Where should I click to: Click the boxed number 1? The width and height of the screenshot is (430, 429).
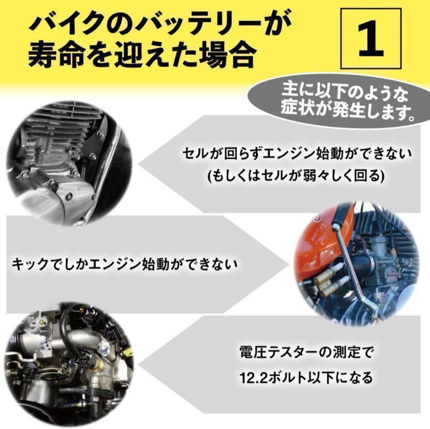click(371, 38)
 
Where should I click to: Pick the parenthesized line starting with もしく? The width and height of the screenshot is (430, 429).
click(297, 176)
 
